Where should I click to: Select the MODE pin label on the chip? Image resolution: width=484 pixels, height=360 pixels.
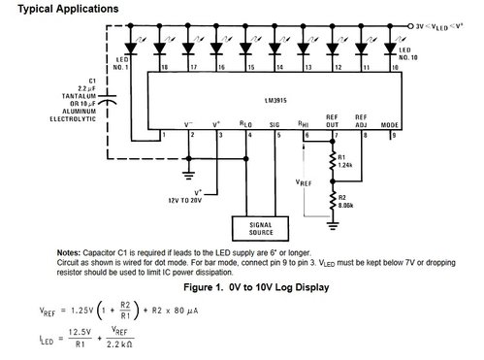coord(392,123)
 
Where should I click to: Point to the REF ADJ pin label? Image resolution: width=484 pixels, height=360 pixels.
coord(363,120)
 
